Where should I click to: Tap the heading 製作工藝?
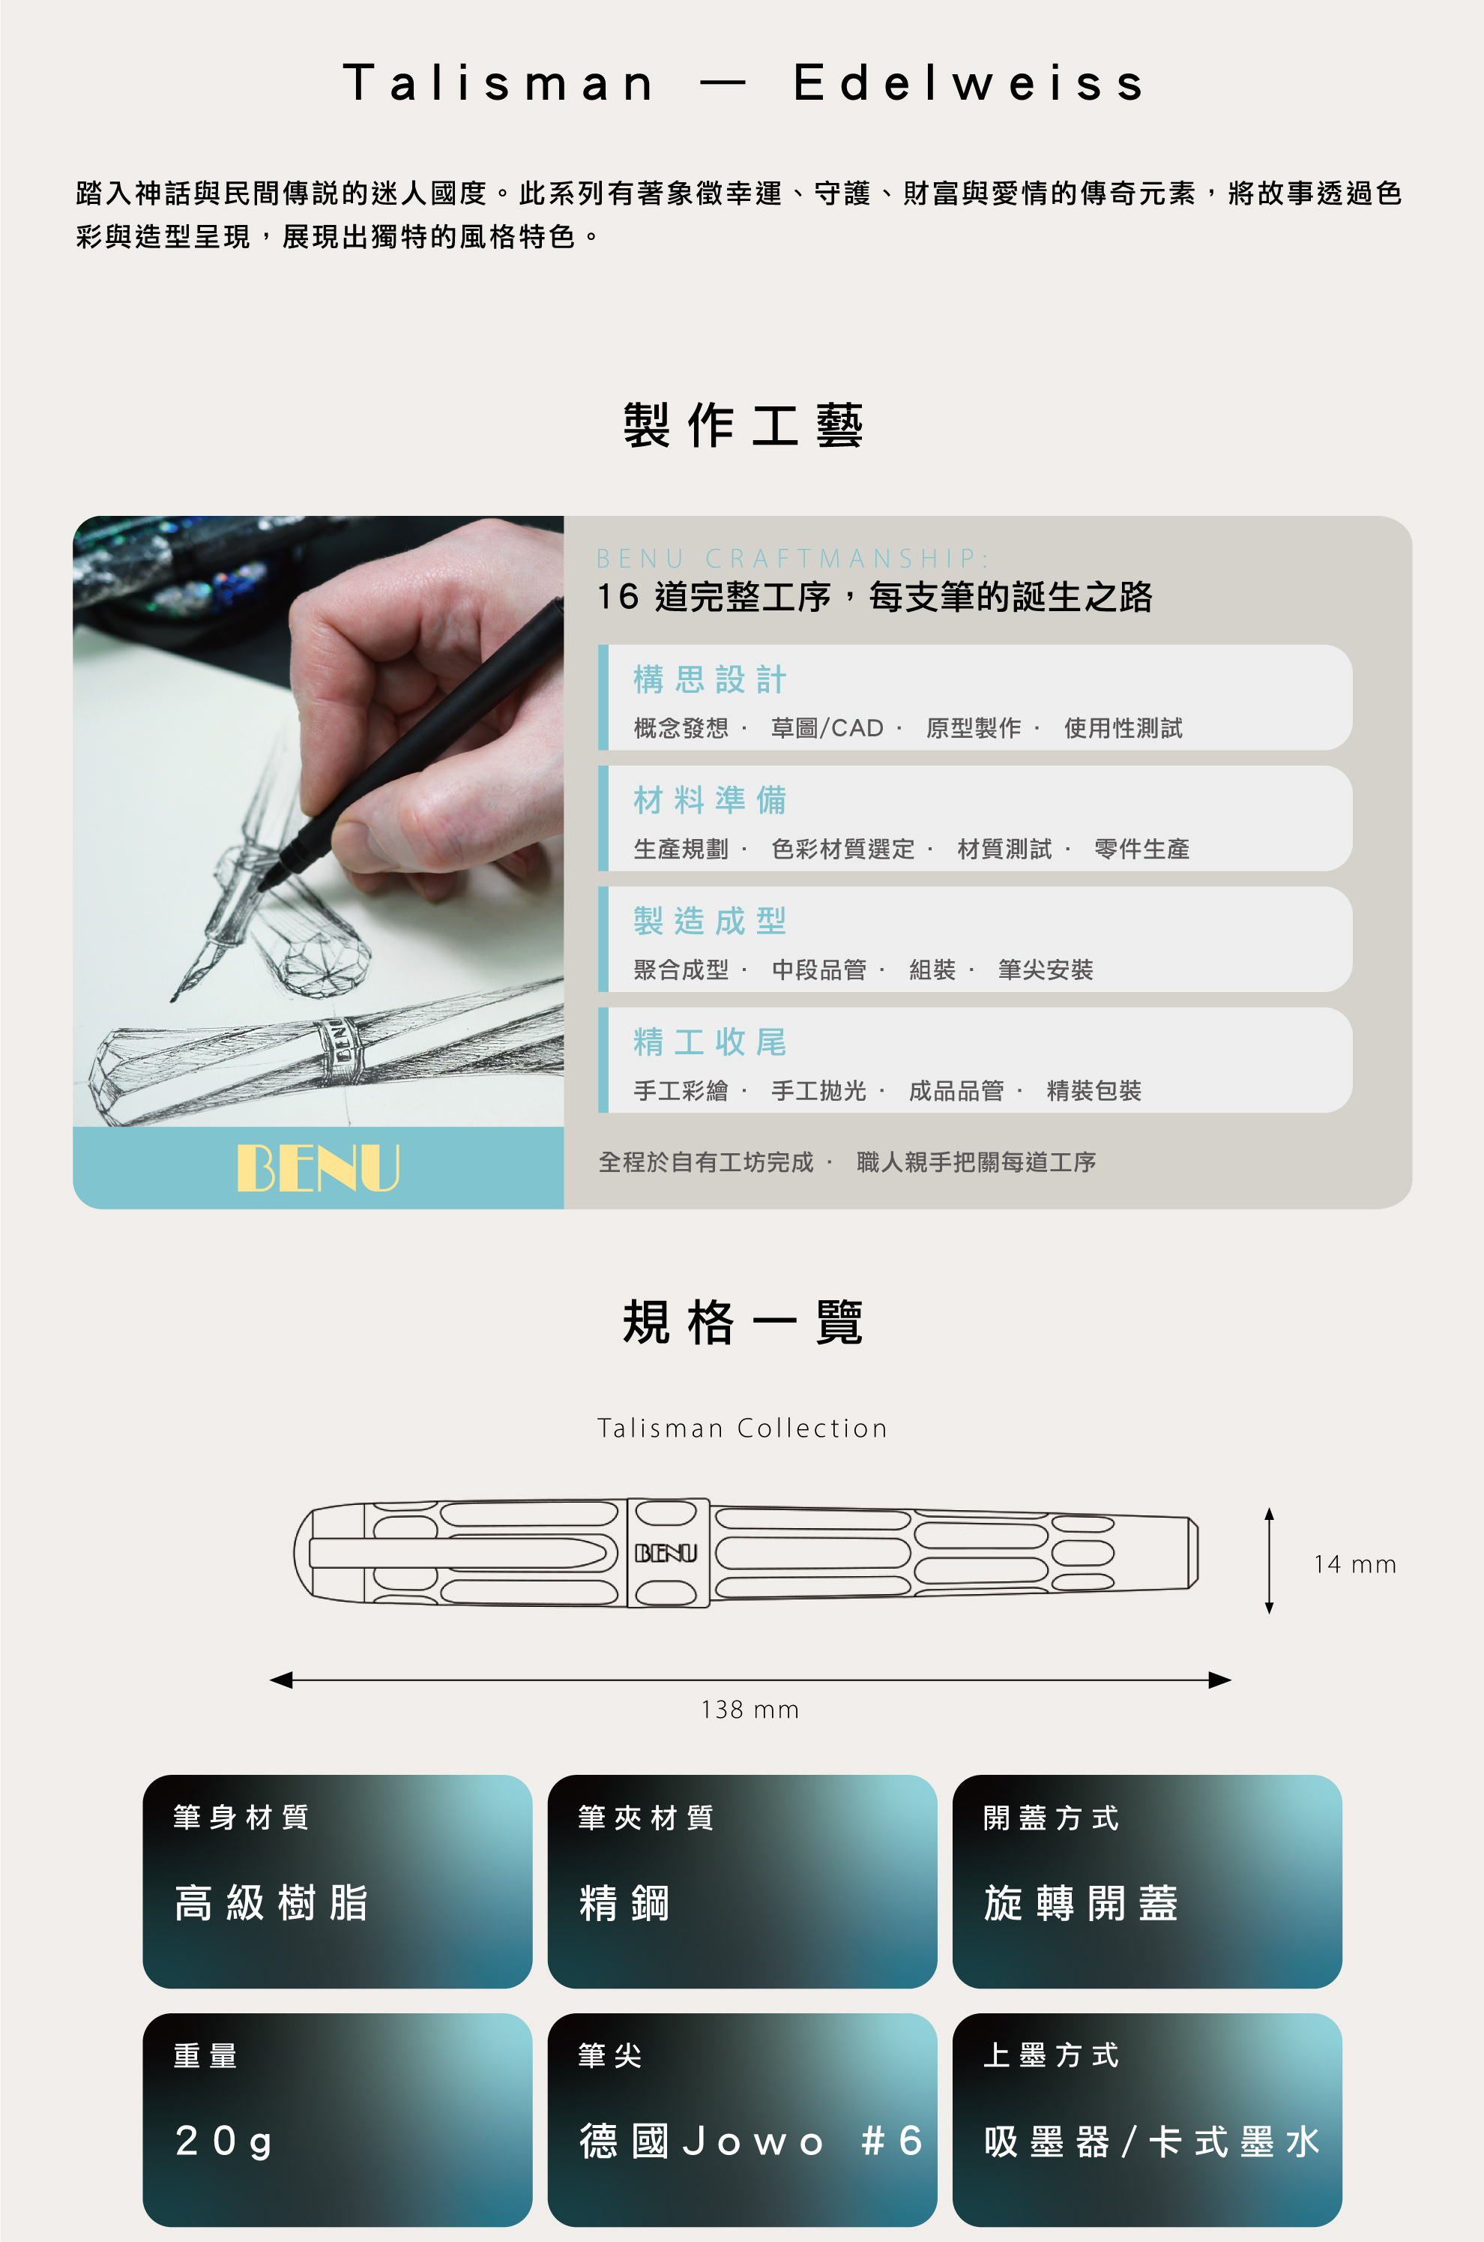pos(743,424)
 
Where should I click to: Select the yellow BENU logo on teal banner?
pos(318,1167)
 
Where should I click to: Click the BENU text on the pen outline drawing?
pos(666,1553)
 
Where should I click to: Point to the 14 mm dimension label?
pos(1354,1564)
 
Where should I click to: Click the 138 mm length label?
pos(749,1709)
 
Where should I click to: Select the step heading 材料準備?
pos(710,800)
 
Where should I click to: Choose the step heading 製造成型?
pos(710,920)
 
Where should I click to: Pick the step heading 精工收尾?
pos(710,1042)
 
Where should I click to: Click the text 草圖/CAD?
pos(827,728)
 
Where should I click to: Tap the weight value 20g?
pos(224,2142)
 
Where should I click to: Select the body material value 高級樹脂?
pos(271,1903)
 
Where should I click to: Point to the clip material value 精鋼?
pos(624,1903)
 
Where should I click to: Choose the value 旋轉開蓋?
pos(1081,1903)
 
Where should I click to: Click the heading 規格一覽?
pos(743,1322)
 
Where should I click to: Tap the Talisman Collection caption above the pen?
pos(743,1428)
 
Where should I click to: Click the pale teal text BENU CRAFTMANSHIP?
pos(793,559)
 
